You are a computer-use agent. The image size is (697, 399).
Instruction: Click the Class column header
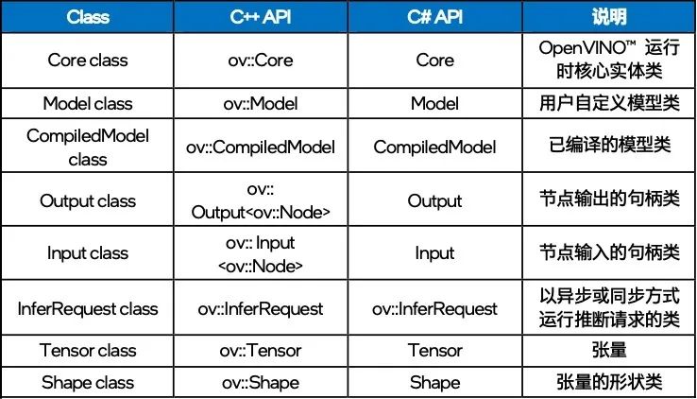(88, 17)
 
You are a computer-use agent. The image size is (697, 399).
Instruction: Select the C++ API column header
(261, 17)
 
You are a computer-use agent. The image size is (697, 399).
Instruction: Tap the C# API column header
(434, 17)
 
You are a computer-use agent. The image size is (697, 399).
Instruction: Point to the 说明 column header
(609, 17)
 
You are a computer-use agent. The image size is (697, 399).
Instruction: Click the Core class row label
(88, 61)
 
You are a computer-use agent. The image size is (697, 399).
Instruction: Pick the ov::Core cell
(261, 61)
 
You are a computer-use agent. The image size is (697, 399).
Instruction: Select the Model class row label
(88, 103)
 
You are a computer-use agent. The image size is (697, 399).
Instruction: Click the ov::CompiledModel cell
(261, 147)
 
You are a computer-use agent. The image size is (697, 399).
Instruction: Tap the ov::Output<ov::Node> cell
(261, 200)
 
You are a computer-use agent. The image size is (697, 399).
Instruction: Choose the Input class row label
(88, 253)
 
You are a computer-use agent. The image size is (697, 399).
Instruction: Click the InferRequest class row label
(88, 308)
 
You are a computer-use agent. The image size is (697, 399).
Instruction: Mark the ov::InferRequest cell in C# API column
(434, 308)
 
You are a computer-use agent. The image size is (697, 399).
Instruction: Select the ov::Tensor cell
(261, 351)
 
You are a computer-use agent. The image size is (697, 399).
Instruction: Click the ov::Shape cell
(261, 383)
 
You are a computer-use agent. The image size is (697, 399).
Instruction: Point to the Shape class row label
(88, 383)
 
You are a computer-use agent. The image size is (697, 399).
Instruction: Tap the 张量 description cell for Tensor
(609, 350)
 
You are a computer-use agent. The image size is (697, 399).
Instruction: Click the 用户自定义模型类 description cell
(609, 103)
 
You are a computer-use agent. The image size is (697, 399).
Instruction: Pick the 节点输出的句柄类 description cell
(609, 199)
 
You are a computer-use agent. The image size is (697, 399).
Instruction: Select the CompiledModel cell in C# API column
(434, 147)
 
